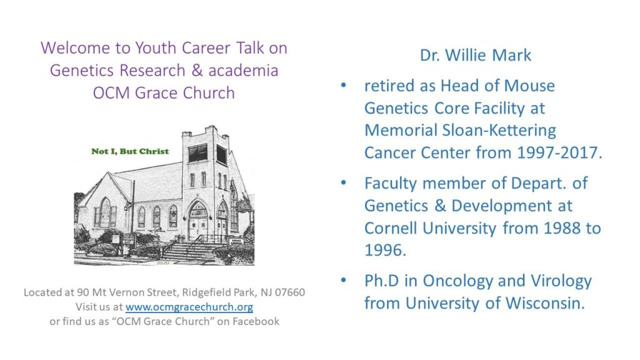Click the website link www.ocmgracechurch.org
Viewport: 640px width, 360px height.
click(x=189, y=307)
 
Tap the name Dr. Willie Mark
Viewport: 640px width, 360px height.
click(x=476, y=56)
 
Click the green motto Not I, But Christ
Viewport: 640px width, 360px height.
click(x=130, y=151)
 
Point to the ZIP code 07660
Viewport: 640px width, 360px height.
click(x=290, y=292)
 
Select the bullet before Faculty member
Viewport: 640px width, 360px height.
click(x=343, y=183)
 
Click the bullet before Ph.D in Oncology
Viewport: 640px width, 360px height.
click(x=343, y=281)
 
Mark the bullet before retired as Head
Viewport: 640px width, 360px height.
click(x=343, y=85)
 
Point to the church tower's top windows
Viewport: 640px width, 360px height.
click(x=206, y=154)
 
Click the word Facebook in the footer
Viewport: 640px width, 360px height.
click(x=256, y=322)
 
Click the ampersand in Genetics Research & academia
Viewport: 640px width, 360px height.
click(x=197, y=70)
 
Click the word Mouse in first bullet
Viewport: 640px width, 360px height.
click(x=529, y=86)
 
